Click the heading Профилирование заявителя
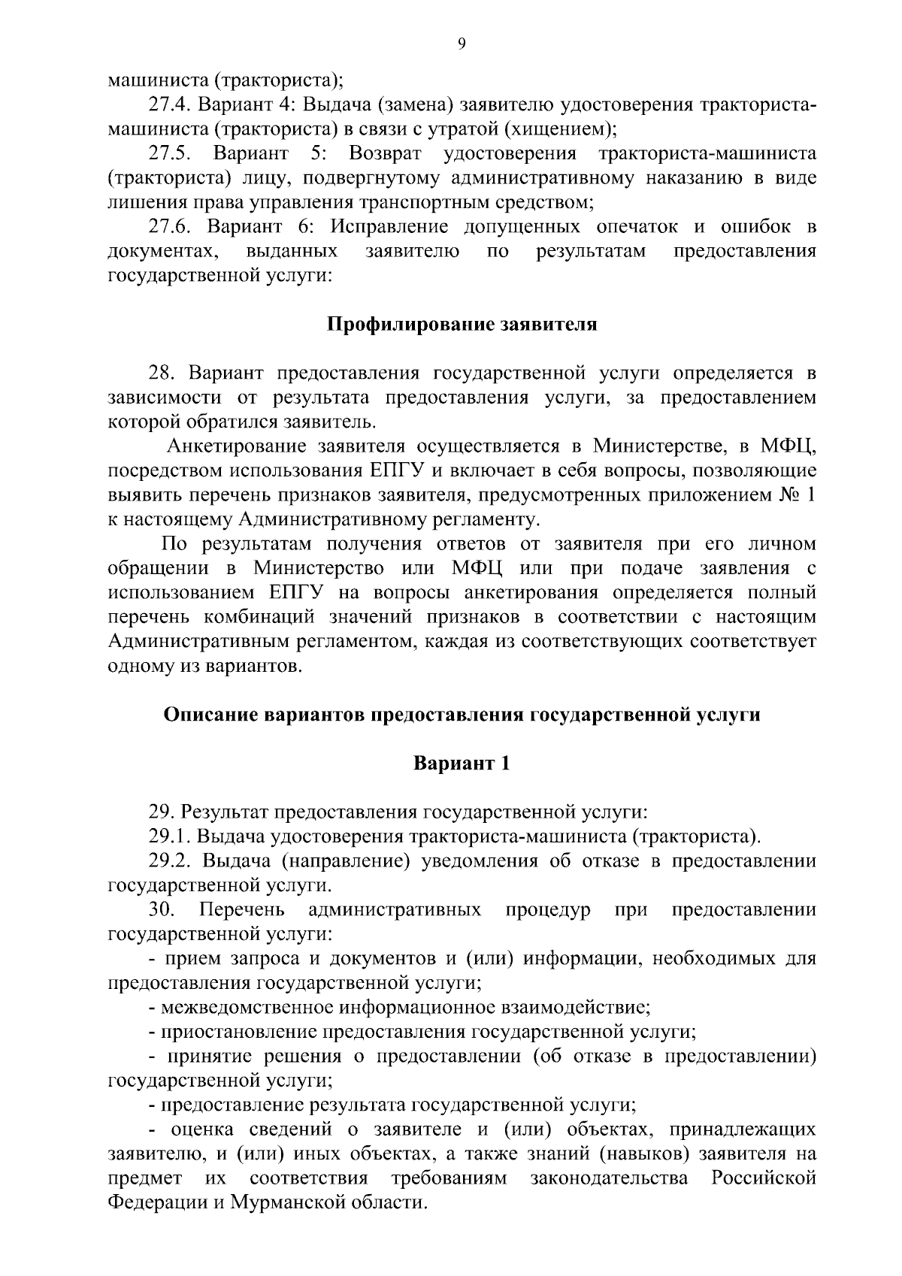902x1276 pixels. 462,325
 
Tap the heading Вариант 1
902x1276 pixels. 462,763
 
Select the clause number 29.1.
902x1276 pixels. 169,836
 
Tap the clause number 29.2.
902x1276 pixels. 169,861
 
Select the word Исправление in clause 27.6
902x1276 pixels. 390,227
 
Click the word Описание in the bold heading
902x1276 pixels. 209,715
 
